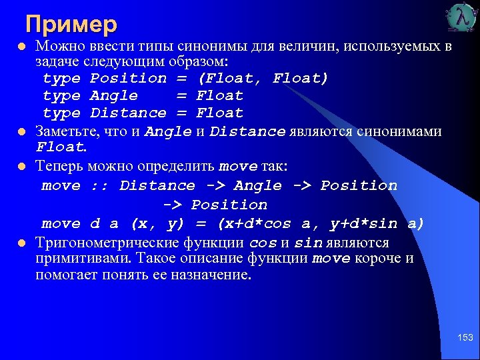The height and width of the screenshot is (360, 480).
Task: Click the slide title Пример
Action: tap(71, 24)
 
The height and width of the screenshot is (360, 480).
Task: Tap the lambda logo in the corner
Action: tap(462, 19)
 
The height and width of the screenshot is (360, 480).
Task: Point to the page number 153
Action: tap(465, 339)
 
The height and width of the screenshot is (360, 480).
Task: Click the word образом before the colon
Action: tap(199, 61)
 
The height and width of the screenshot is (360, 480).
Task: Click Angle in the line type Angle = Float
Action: tap(114, 95)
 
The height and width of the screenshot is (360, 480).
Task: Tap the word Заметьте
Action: tap(67, 131)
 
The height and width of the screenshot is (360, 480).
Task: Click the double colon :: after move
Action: tap(99, 185)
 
